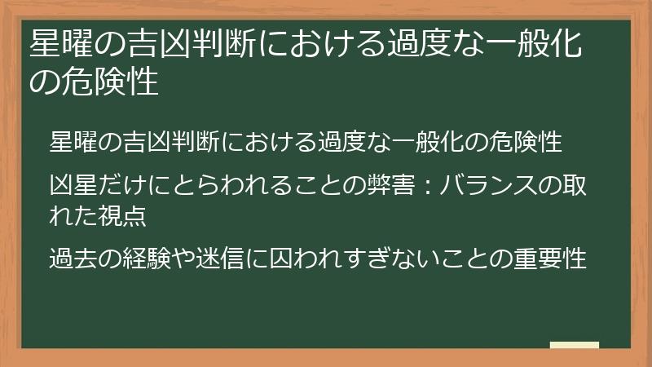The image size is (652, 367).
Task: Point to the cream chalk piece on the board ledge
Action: tap(575, 346)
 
